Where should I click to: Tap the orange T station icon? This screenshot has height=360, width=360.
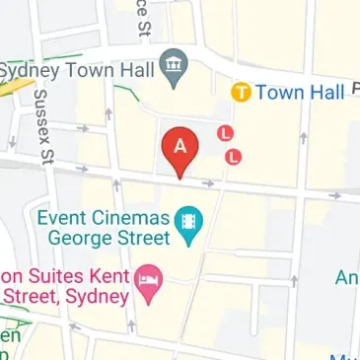point(241,93)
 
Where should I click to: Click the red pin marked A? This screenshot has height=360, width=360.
point(180,151)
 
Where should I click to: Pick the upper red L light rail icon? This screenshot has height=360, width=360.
point(226,131)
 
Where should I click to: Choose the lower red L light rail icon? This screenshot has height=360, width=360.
point(234,155)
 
